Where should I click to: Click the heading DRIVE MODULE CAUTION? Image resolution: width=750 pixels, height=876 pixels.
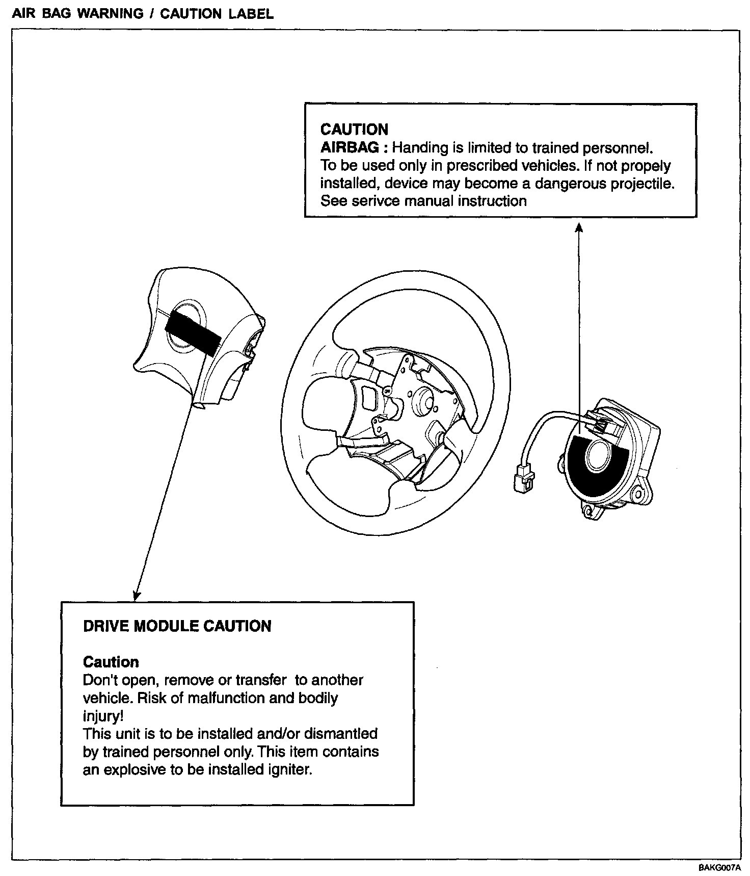click(x=177, y=626)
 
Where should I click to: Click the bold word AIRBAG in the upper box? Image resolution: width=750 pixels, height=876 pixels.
click(x=350, y=148)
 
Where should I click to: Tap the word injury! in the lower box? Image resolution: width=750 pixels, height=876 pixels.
click(x=103, y=715)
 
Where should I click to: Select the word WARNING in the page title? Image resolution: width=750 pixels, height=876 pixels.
click(x=110, y=14)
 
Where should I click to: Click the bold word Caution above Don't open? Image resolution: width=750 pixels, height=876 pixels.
click(x=111, y=662)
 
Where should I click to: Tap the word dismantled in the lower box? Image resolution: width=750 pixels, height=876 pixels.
click(x=340, y=733)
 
